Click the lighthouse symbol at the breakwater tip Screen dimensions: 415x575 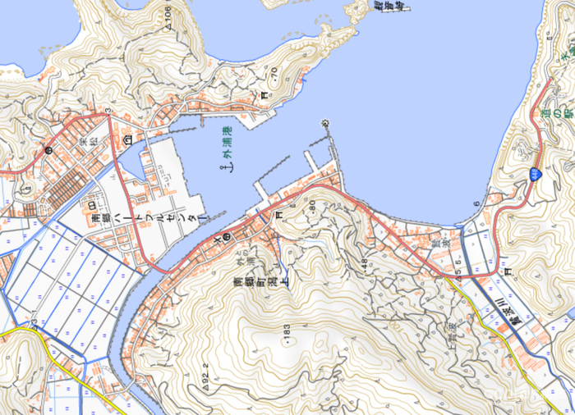click(x=325, y=123)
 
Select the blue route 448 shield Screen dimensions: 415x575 click(x=536, y=172)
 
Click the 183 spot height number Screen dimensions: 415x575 click(x=287, y=330)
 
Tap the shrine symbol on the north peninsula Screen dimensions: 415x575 click(x=264, y=96)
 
